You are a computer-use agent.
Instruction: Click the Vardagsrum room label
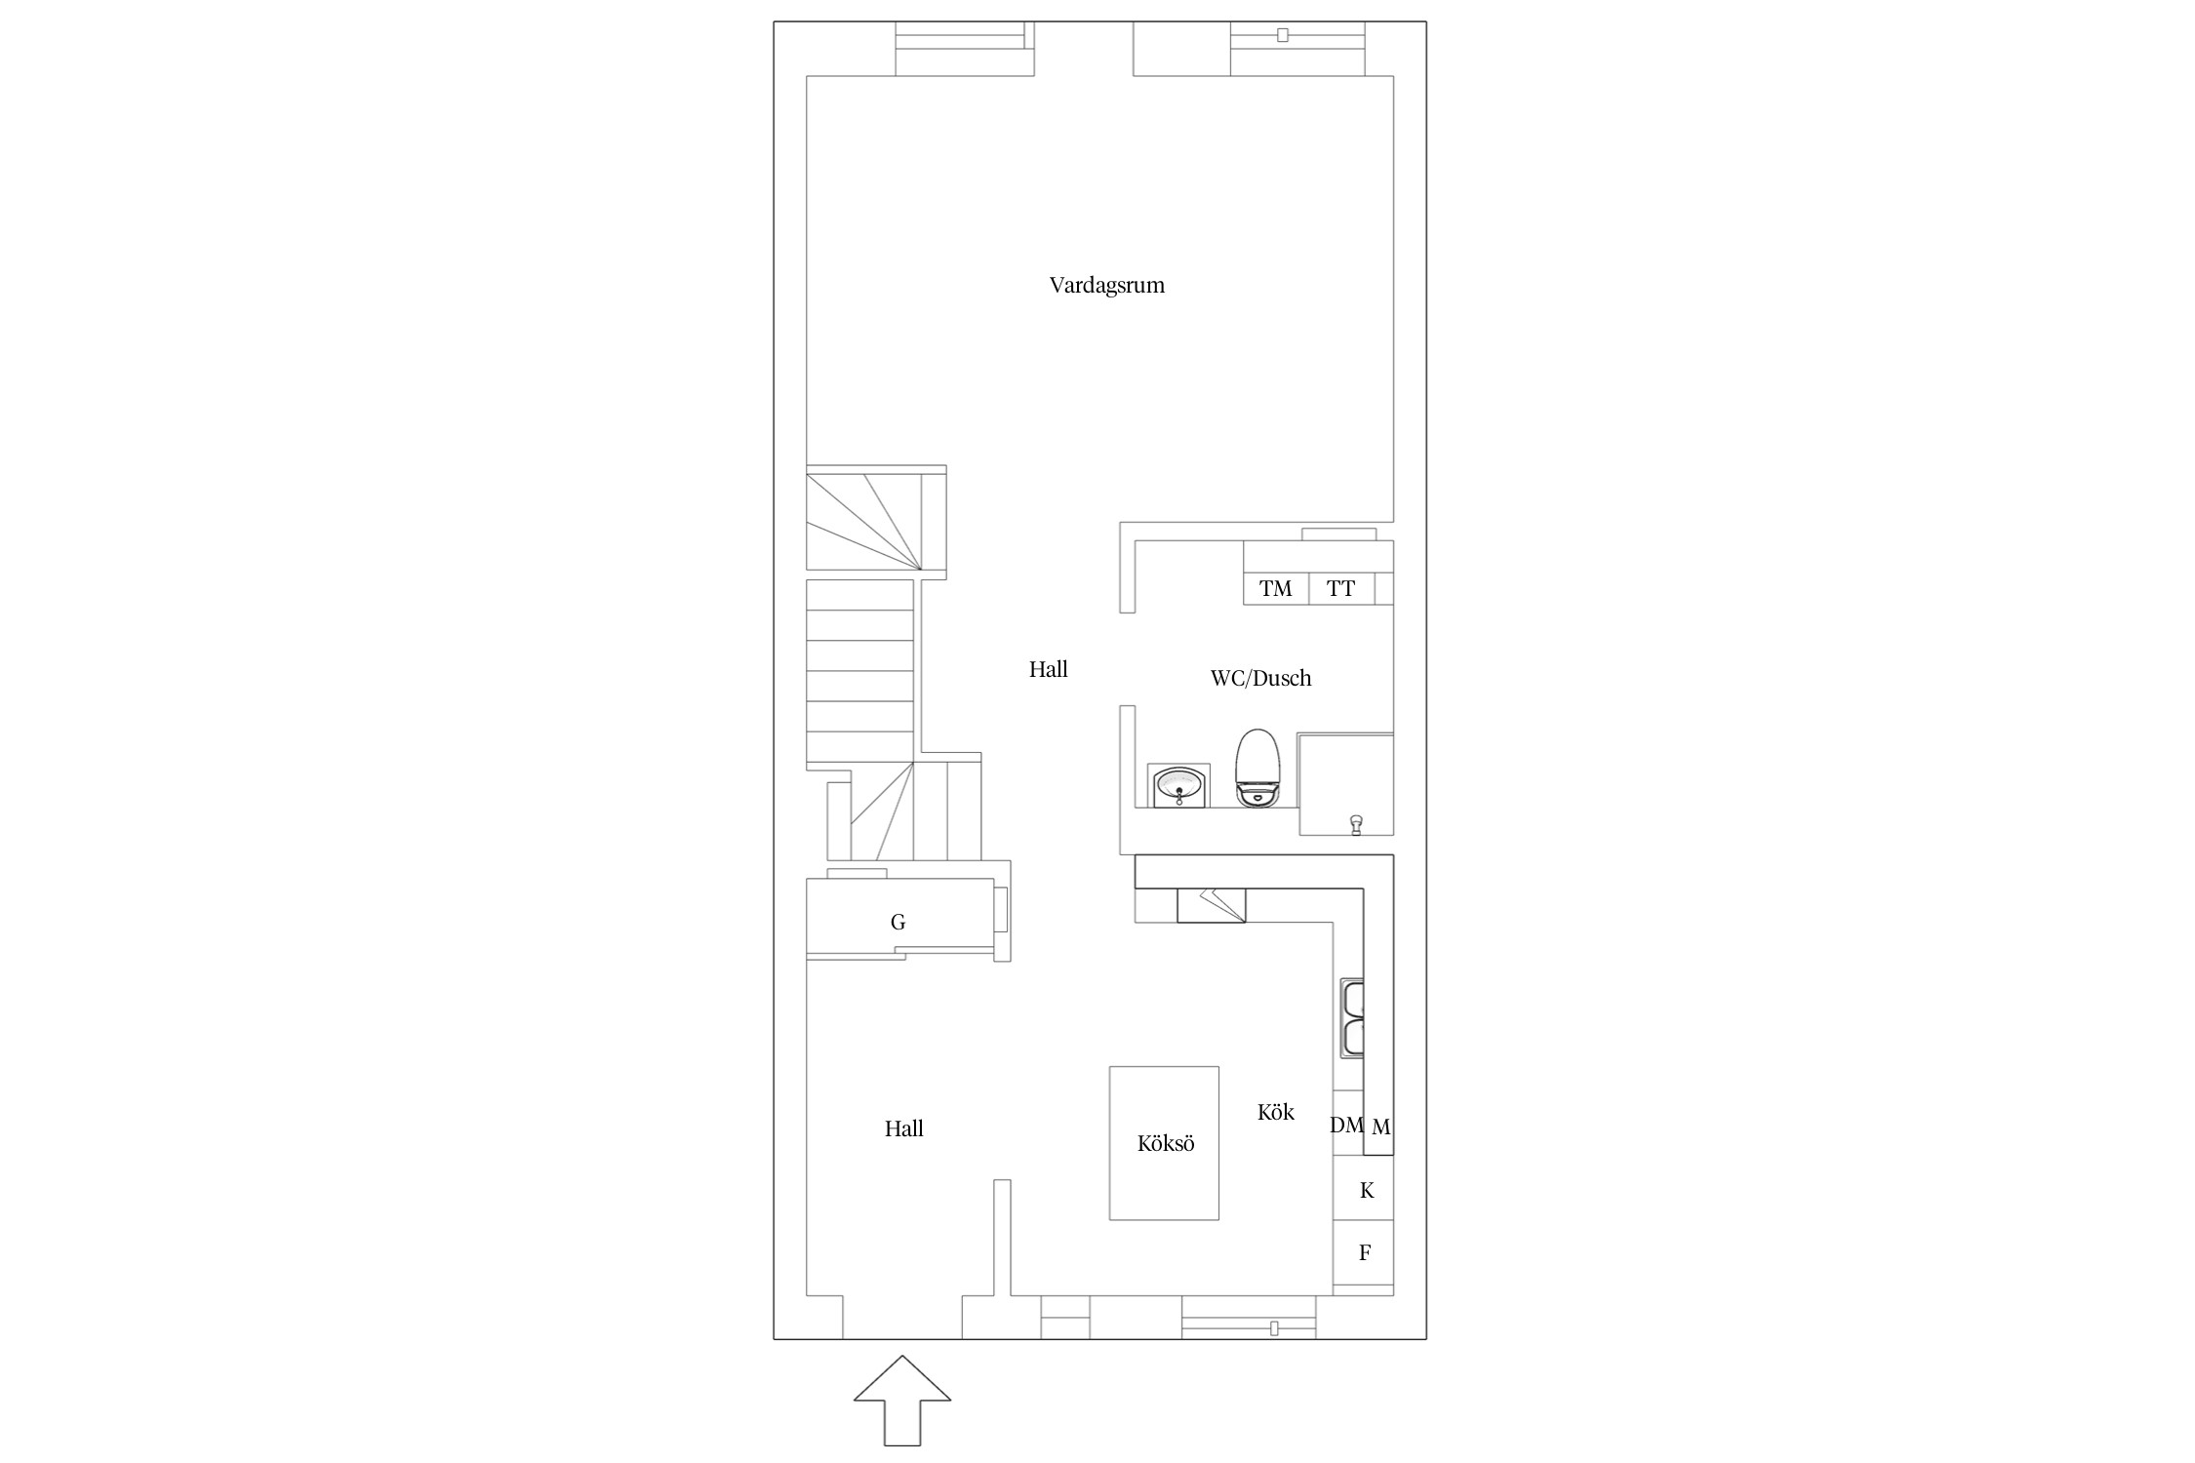click(x=1107, y=286)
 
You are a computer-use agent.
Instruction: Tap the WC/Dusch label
click(x=1260, y=679)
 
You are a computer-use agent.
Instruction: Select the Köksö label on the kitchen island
click(x=1166, y=1143)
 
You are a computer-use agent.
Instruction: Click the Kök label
click(x=1276, y=1112)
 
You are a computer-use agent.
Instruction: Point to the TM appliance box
click(x=1276, y=589)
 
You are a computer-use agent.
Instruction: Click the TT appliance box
click(x=1341, y=589)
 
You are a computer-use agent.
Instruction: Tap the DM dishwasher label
click(x=1346, y=1125)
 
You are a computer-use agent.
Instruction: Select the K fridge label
click(x=1367, y=1190)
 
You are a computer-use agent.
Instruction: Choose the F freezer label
click(x=1365, y=1253)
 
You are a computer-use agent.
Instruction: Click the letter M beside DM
click(x=1380, y=1127)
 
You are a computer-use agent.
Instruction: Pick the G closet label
click(x=898, y=922)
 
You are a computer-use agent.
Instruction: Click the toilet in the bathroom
click(x=1257, y=768)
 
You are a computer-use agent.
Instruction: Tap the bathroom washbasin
click(x=1180, y=785)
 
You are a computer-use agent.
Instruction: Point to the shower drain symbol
click(x=1355, y=824)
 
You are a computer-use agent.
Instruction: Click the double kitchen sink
click(x=1352, y=1019)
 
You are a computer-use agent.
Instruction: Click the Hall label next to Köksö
click(x=903, y=1128)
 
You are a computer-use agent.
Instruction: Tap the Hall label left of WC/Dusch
click(x=1049, y=669)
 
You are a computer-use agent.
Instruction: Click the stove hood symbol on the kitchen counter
click(x=1212, y=905)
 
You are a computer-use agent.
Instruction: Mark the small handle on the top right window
click(x=1283, y=35)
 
